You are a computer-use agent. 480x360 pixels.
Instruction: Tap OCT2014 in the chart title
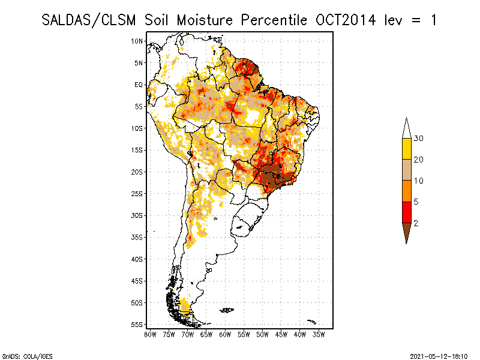coord(345,20)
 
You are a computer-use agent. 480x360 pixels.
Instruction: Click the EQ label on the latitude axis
coord(139,85)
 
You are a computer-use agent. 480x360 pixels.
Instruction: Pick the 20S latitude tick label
coord(137,172)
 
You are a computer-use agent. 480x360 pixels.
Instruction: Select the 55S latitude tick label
coord(137,325)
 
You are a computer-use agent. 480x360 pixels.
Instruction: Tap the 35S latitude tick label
coord(137,237)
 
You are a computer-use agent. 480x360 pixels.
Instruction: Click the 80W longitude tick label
coord(150,334)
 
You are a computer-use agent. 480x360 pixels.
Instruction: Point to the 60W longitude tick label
coord(225,334)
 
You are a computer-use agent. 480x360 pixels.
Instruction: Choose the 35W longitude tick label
coord(319,334)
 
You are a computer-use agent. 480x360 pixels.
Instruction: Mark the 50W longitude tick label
coord(262,334)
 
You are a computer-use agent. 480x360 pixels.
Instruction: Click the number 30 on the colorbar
coord(419,139)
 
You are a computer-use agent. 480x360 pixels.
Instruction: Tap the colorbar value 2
coord(416,223)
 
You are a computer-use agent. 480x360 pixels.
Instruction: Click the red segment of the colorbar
coord(406,212)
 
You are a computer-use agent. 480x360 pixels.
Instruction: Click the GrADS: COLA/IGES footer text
coord(22,355)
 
